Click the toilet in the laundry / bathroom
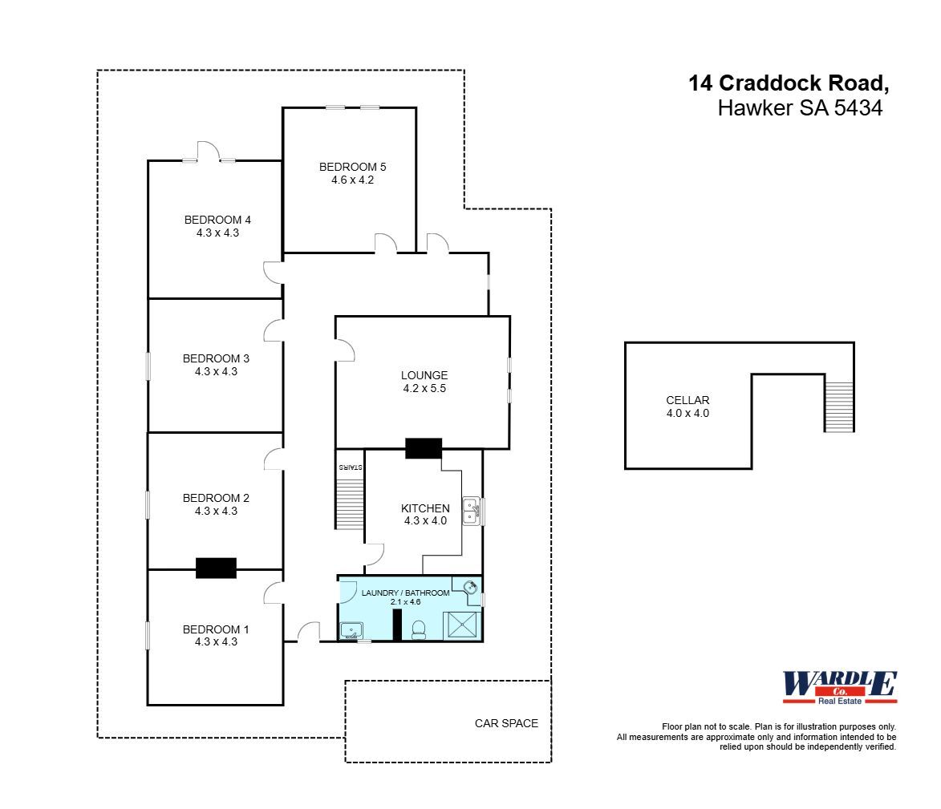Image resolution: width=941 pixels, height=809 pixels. click(x=418, y=630)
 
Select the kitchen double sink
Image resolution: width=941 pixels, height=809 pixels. click(x=471, y=511)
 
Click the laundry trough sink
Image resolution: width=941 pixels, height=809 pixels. click(x=351, y=630)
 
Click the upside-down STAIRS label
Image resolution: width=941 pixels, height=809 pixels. click(x=350, y=466)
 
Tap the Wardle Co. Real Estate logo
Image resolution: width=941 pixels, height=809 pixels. click(x=839, y=688)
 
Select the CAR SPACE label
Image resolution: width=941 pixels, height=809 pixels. click(x=506, y=723)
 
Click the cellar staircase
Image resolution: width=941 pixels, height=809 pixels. click(x=839, y=406)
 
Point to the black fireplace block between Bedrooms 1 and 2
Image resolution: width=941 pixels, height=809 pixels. click(x=216, y=568)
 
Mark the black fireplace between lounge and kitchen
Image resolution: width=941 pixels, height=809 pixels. click(x=424, y=448)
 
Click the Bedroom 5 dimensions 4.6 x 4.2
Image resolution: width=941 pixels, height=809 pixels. click(x=352, y=180)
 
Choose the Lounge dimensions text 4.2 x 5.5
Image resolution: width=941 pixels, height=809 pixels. click(x=424, y=388)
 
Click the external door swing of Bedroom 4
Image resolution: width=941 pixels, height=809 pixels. click(x=208, y=151)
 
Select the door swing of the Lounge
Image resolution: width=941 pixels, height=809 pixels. click(x=346, y=350)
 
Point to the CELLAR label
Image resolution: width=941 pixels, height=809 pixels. click(x=687, y=400)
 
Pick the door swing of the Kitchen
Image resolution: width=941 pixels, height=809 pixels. click(x=375, y=554)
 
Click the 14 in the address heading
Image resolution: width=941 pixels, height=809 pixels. click(x=700, y=83)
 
